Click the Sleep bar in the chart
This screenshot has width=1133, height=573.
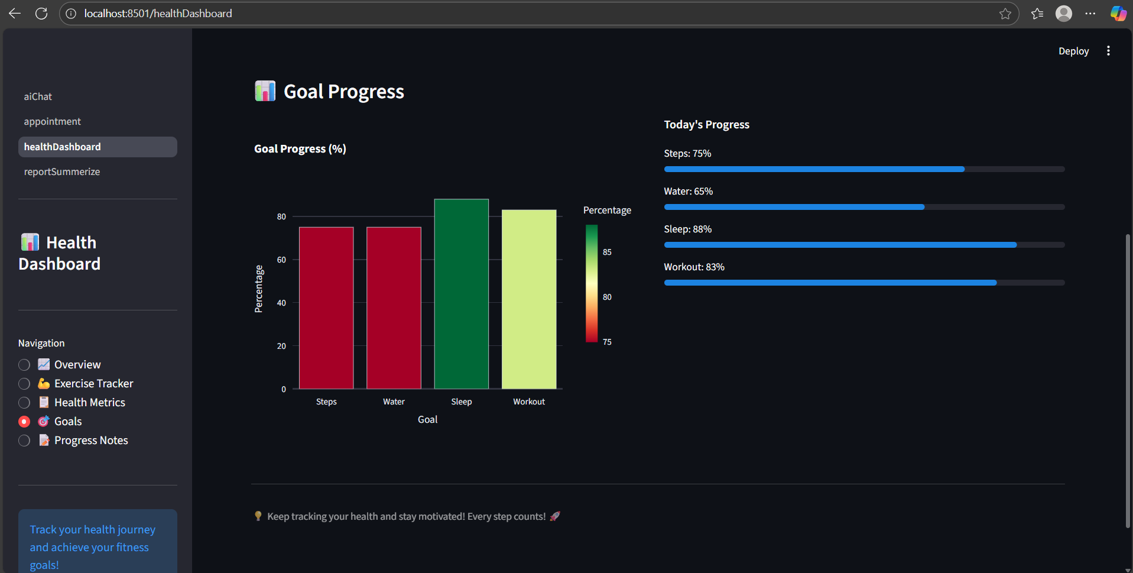461,294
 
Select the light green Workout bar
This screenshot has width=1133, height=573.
529,299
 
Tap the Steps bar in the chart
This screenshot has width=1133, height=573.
326,307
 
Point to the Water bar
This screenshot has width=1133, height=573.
394,307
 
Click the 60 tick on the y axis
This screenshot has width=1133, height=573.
281,260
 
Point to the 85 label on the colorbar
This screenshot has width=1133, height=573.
607,252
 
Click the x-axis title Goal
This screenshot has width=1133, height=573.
427,419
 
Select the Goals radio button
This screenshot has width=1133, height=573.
24,422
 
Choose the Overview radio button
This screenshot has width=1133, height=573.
24,365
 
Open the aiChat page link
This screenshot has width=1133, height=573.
38,96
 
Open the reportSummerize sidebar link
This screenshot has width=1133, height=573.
62,171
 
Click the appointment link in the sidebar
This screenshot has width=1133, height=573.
52,121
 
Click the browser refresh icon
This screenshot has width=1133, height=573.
41,14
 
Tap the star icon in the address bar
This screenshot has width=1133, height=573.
1005,14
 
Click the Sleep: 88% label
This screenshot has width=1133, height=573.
687,229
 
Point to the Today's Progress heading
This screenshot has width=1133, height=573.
706,124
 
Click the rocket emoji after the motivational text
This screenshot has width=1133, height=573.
554,516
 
